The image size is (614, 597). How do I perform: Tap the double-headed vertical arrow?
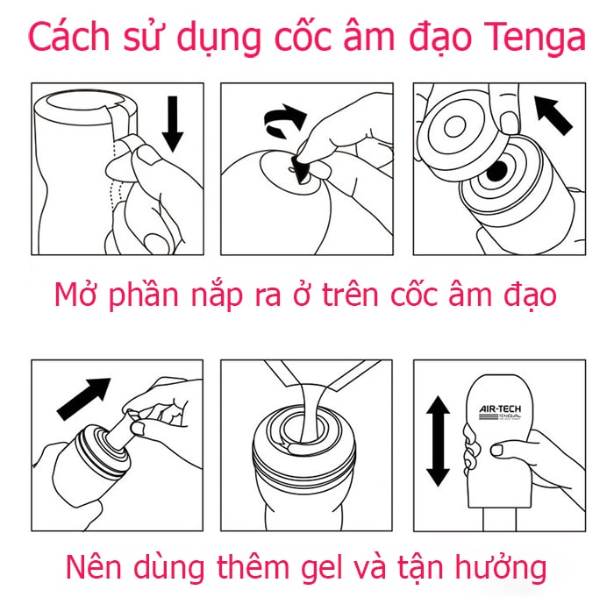click(437, 440)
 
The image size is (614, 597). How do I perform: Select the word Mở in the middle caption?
click(76, 295)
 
